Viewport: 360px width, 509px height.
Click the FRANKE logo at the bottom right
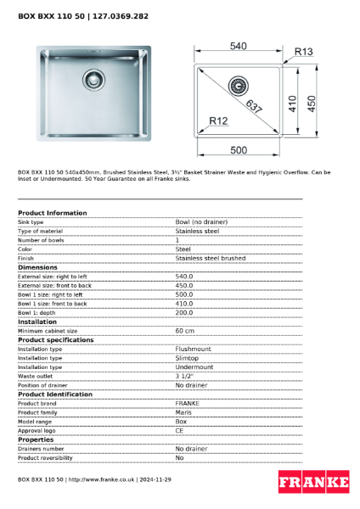pyautogui.click(x=313, y=482)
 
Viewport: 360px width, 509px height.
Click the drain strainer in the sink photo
pyautogui.click(x=93, y=81)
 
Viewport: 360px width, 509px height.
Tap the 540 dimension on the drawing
pyautogui.click(x=239, y=46)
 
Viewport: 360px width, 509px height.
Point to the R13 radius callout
pyautogui.click(x=303, y=53)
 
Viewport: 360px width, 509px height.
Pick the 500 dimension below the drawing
pyautogui.click(x=239, y=150)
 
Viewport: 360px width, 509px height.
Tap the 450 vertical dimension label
pyautogui.click(x=312, y=102)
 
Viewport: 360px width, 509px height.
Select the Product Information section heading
pyautogui.click(x=53, y=213)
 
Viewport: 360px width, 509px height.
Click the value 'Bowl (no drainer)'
pyautogui.click(x=201, y=221)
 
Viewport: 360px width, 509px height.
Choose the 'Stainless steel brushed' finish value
pyautogui.click(x=211, y=258)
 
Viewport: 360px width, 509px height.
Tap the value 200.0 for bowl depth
pyautogui.click(x=184, y=312)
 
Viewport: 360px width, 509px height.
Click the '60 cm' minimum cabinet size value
pyautogui.click(x=185, y=331)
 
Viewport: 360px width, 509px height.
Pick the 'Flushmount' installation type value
pyautogui.click(x=194, y=349)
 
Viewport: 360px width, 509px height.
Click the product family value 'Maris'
pyautogui.click(x=183, y=412)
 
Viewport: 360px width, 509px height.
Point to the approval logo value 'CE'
pyautogui.click(x=180, y=430)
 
